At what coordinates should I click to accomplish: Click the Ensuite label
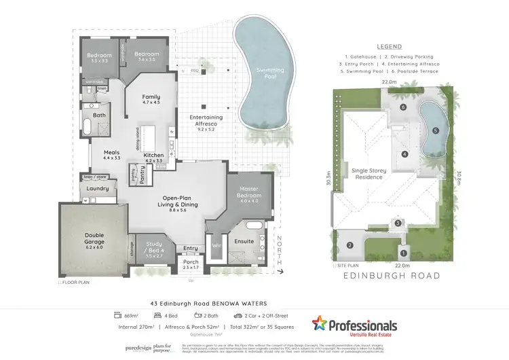pyautogui.click(x=244, y=241)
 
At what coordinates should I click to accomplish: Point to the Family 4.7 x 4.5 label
pyautogui.click(x=151, y=100)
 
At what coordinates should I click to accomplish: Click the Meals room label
pyautogui.click(x=111, y=154)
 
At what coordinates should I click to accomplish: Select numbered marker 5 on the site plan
pyautogui.click(x=436, y=130)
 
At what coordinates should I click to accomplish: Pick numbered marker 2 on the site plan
pyautogui.click(x=351, y=245)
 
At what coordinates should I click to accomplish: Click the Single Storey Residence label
pyautogui.click(x=367, y=174)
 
